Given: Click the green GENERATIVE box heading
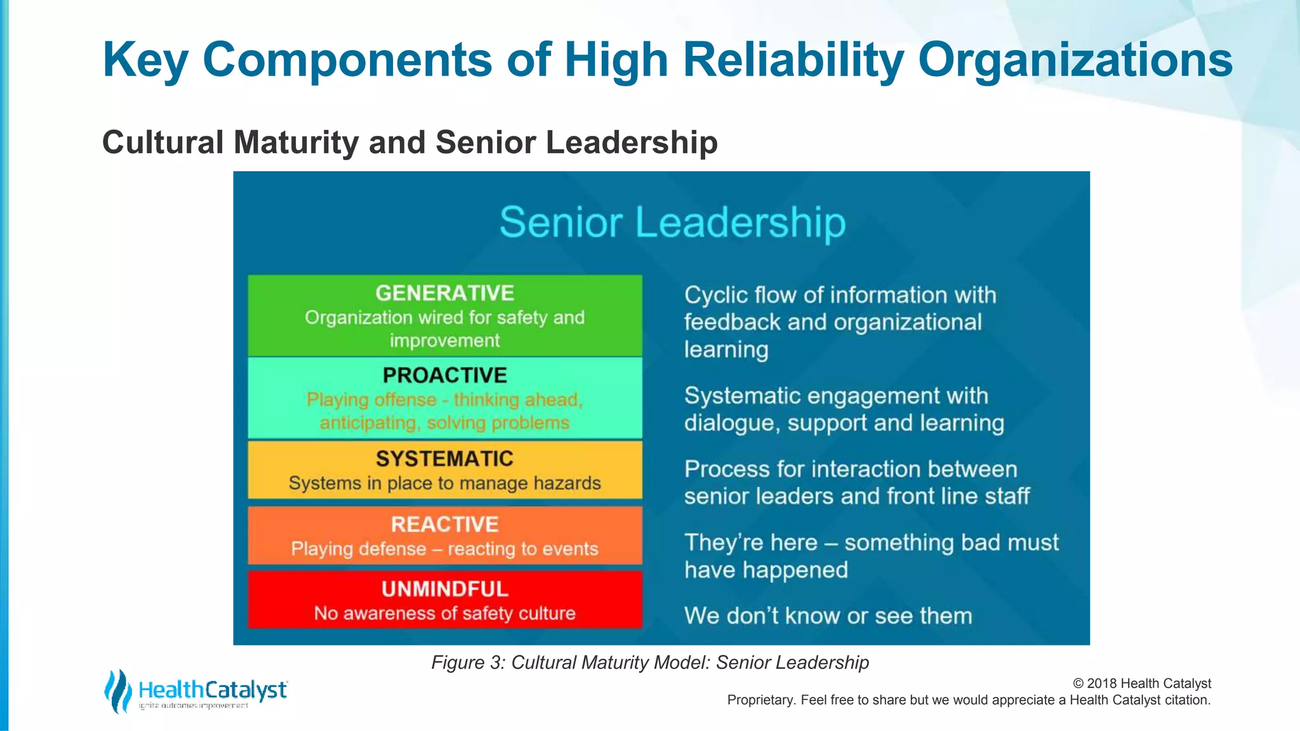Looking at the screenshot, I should tap(444, 293).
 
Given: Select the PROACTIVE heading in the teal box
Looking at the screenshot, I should tap(444, 376).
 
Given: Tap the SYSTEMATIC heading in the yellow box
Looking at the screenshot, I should tap(444, 459).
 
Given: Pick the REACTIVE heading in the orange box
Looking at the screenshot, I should tap(444, 525).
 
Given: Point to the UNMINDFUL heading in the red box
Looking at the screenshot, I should tap(444, 589).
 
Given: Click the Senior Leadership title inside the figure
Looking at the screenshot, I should tap(672, 223).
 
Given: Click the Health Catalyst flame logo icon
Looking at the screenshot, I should tap(117, 691).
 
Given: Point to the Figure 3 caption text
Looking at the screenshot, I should tap(650, 662).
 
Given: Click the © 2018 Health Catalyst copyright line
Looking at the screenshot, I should tap(1141, 683).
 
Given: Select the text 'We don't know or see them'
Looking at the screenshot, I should tap(828, 616).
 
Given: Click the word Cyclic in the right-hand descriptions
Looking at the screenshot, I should tap(715, 296).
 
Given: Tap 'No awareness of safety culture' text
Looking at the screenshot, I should tap(444, 614).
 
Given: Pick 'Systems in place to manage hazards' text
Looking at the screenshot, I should tap(444, 484).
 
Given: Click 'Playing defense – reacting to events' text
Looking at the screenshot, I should tap(444, 549).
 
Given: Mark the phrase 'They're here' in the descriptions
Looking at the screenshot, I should tap(750, 543).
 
